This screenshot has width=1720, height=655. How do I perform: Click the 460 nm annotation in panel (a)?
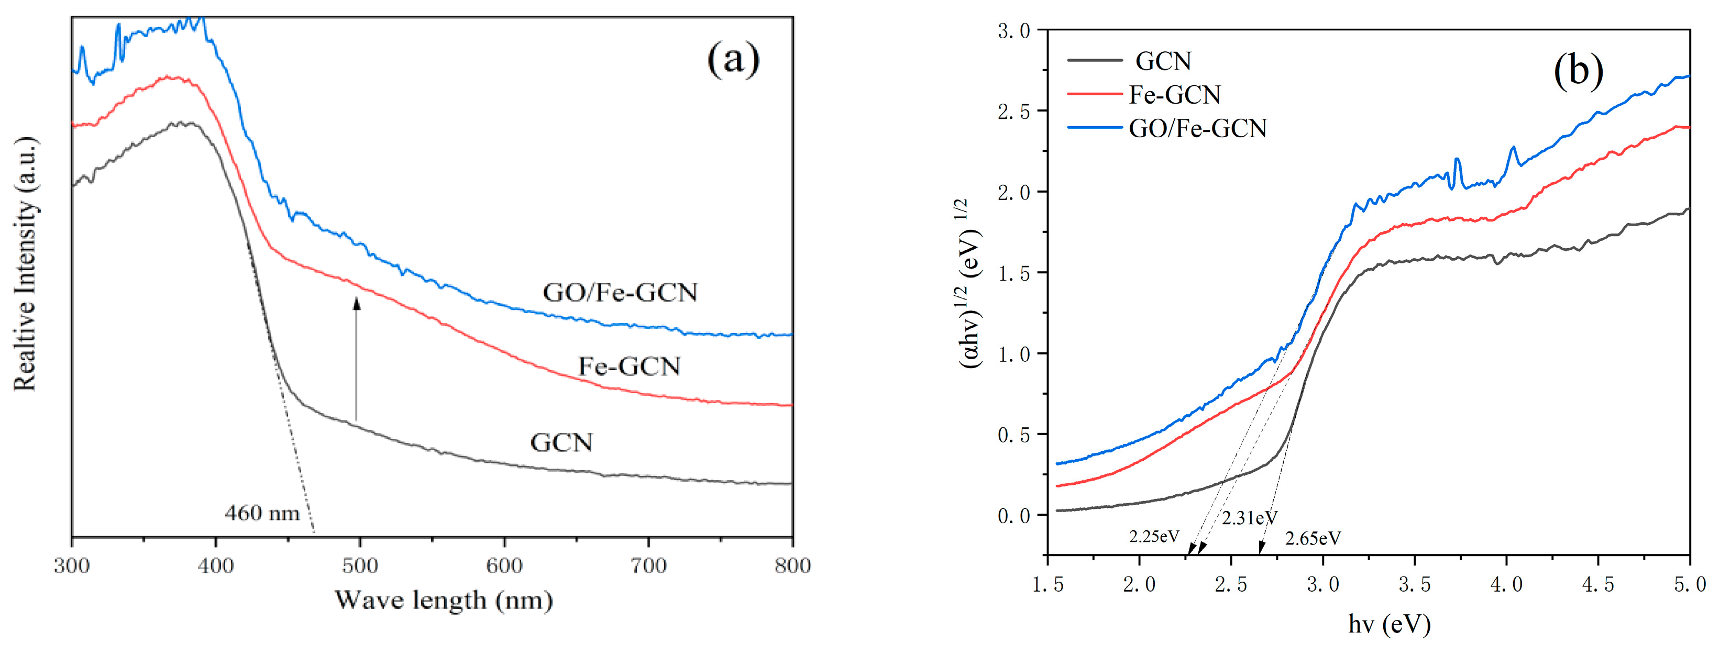click(262, 513)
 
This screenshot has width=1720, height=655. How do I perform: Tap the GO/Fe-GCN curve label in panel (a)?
click(620, 293)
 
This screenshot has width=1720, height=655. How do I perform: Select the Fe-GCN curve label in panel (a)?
click(629, 366)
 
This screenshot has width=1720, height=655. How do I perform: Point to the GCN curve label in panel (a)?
click(561, 442)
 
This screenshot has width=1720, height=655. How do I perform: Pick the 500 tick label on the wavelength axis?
click(360, 565)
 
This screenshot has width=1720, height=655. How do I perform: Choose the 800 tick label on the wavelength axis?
click(792, 565)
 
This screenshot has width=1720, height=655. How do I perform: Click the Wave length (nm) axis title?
click(443, 600)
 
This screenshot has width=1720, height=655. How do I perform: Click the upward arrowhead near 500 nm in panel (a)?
click(357, 304)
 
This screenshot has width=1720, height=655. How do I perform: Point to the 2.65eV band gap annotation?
click(1312, 538)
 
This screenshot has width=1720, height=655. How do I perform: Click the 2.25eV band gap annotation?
click(1154, 536)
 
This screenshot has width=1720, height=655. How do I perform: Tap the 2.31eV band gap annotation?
click(1249, 517)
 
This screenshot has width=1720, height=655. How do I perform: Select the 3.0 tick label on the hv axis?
click(1322, 584)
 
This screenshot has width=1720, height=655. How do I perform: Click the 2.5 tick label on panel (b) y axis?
click(1013, 112)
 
